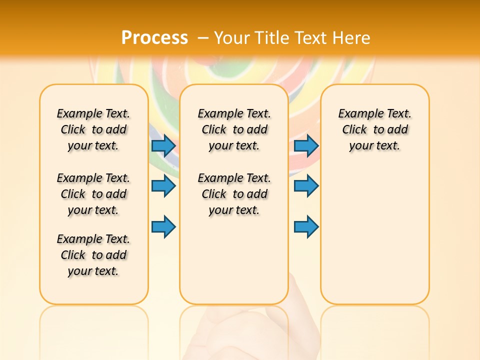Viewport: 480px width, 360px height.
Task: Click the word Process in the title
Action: pos(154,37)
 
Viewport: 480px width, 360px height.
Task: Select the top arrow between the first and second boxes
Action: pos(163,145)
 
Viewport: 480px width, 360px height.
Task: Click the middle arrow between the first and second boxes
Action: pos(163,186)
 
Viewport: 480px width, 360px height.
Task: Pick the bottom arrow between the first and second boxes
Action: pos(163,226)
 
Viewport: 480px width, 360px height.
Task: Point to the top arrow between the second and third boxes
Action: pos(306,145)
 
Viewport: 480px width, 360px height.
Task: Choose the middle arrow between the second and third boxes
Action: pos(306,186)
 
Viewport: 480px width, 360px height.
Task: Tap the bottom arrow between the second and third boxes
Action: pos(306,226)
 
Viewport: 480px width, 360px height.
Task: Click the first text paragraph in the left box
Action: pos(93,129)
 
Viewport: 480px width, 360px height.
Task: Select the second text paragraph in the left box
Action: pos(93,194)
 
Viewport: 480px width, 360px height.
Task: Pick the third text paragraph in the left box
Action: pos(93,255)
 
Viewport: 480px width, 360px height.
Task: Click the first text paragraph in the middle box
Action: pos(234,129)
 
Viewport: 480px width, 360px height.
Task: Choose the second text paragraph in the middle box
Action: pos(234,194)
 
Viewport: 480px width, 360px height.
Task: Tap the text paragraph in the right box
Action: pos(374,129)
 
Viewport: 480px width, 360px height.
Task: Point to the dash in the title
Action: pos(203,38)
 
